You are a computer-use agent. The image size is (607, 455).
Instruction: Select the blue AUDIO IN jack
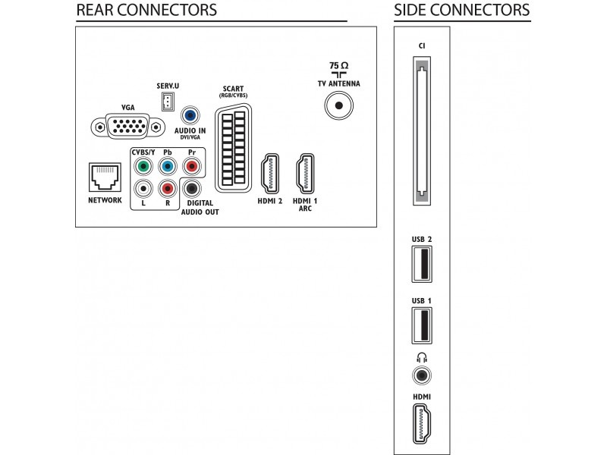191,115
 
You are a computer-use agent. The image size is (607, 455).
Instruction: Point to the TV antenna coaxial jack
338,107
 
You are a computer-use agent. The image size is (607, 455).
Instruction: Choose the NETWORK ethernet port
105,177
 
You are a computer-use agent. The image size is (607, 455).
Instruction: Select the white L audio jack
140,188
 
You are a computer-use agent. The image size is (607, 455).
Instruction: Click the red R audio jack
166,188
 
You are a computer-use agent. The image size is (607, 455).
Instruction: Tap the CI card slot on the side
421,133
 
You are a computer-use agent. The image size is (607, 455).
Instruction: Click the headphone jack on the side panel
421,374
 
